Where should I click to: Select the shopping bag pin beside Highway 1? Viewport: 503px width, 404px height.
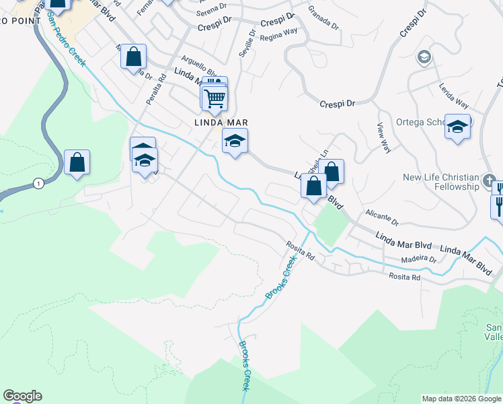[77, 163]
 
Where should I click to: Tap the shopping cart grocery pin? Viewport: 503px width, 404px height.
[215, 99]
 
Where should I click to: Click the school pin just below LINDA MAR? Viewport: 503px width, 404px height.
[235, 141]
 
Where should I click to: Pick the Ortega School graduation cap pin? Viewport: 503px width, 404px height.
[457, 127]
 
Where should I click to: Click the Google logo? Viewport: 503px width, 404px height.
[22, 396]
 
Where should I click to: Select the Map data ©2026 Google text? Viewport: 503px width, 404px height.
[461, 399]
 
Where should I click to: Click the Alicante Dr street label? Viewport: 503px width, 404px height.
[382, 217]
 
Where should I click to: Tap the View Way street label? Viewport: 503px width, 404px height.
[384, 137]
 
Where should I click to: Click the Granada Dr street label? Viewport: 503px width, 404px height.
[323, 17]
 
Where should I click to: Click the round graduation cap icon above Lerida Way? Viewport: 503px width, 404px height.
[424, 57]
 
